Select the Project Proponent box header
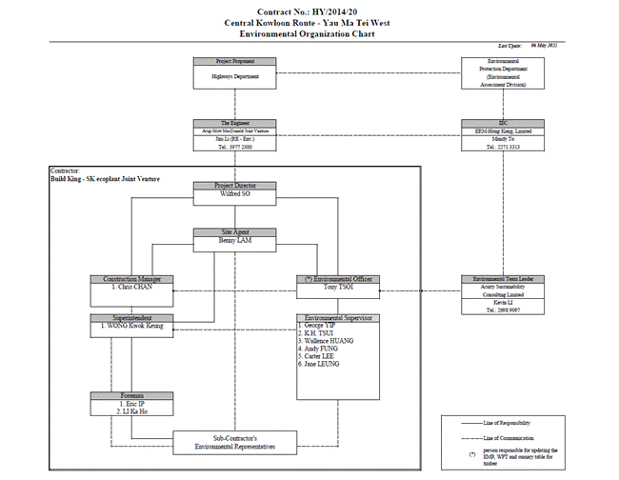coord(235,61)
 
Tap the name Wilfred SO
coord(235,193)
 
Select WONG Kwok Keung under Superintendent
coord(133,326)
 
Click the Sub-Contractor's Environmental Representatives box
coord(235,440)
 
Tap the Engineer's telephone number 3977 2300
coord(235,147)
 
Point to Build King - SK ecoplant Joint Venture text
coord(106,178)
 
